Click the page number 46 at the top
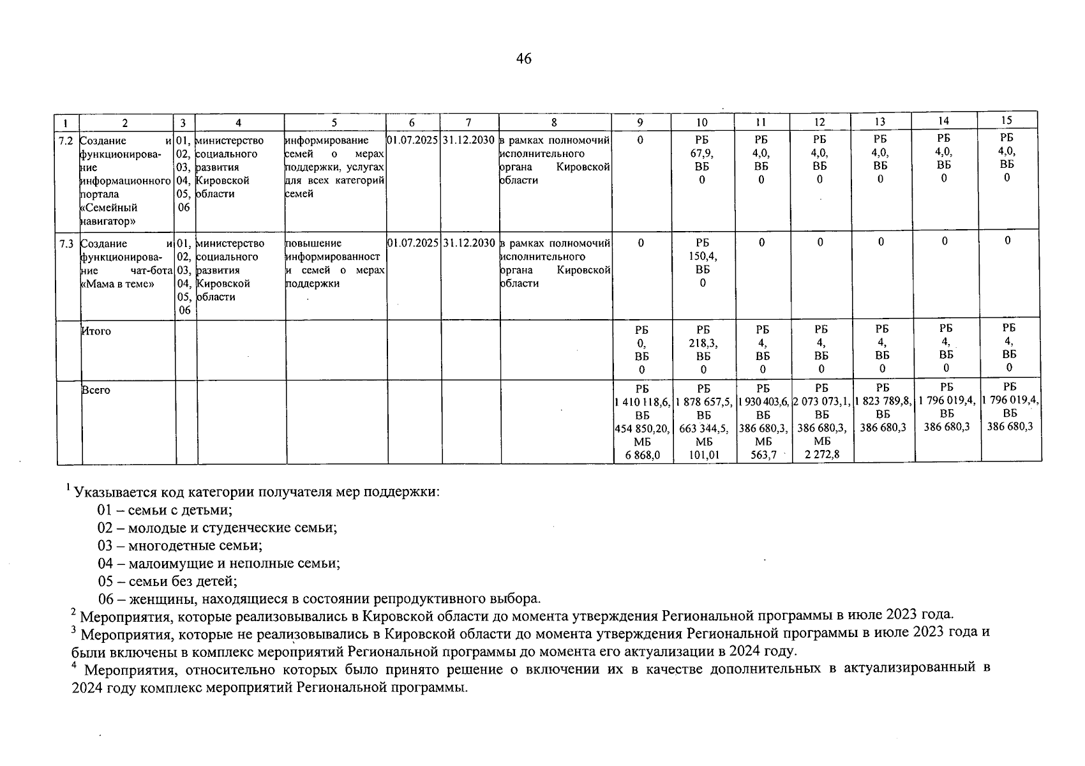tap(523, 59)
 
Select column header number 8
tap(554, 123)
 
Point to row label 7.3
tap(66, 244)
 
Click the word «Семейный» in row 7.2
tap(109, 208)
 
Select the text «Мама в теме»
tap(117, 284)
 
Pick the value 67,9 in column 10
tap(701, 153)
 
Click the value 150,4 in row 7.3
tap(702, 257)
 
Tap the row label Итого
tap(96, 331)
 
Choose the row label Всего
tap(96, 390)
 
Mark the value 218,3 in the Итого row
tap(703, 343)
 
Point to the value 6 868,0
tap(641, 454)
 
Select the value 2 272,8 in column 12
tap(821, 454)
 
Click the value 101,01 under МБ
tap(702, 454)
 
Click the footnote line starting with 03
tap(180, 546)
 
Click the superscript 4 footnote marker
tap(74, 666)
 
